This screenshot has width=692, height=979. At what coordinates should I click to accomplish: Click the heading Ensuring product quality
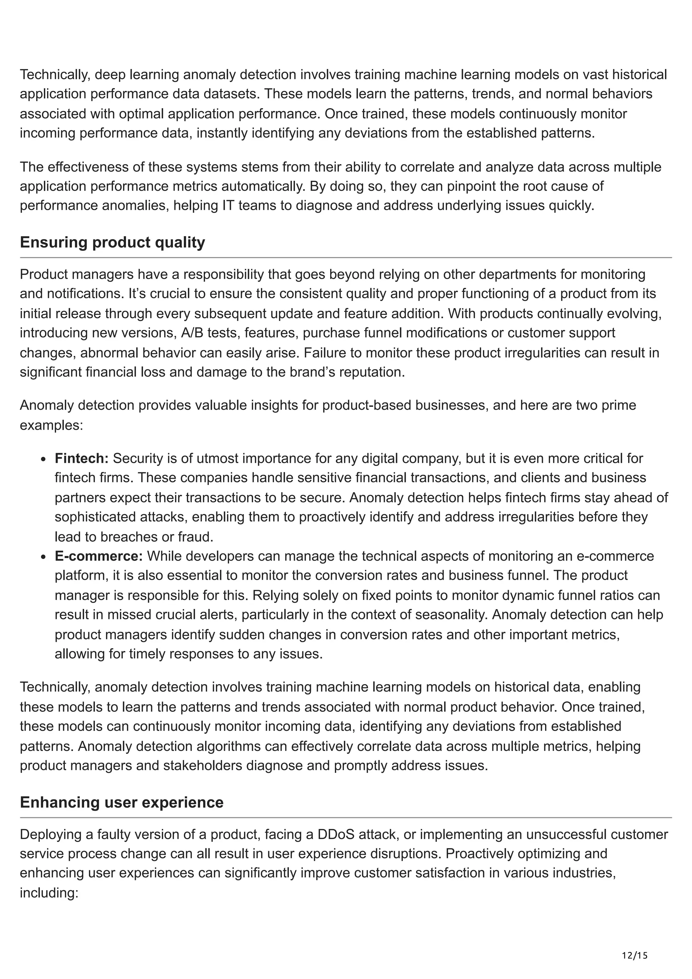pyautogui.click(x=112, y=242)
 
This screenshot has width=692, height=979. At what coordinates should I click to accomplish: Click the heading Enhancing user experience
pyautogui.click(x=122, y=802)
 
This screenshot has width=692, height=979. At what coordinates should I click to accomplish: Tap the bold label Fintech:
pyautogui.click(x=81, y=458)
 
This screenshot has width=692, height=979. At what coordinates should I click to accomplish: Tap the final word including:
pyautogui.click(x=49, y=893)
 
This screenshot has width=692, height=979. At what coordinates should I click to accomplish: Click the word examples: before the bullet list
pyautogui.click(x=51, y=425)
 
